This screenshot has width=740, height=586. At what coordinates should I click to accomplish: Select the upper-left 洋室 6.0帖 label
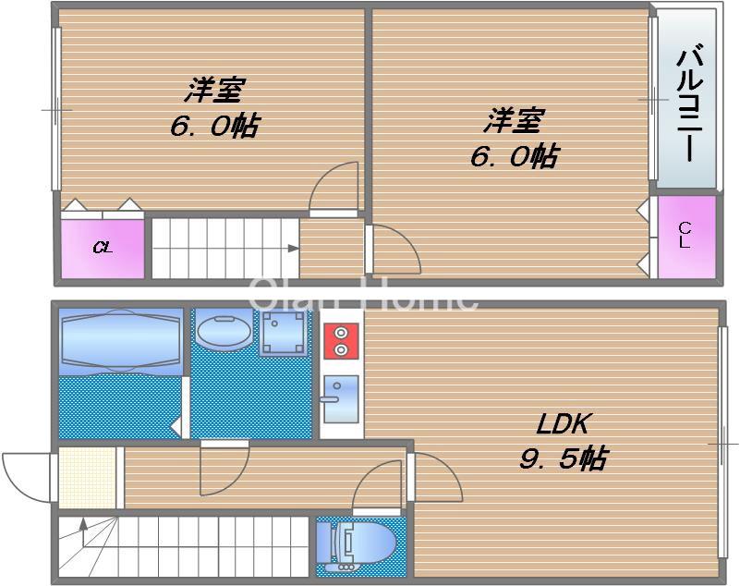[x=213, y=109]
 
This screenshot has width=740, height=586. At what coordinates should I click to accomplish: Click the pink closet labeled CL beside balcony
[x=685, y=237]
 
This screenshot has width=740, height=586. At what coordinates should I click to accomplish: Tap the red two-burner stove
[x=341, y=340]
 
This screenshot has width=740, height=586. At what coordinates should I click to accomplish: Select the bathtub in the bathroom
[x=120, y=340]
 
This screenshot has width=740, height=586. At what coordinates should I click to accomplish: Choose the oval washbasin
[x=221, y=331]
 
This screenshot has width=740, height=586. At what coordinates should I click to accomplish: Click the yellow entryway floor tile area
[x=89, y=476]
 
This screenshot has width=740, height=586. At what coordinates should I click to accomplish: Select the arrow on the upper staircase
[x=293, y=248]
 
